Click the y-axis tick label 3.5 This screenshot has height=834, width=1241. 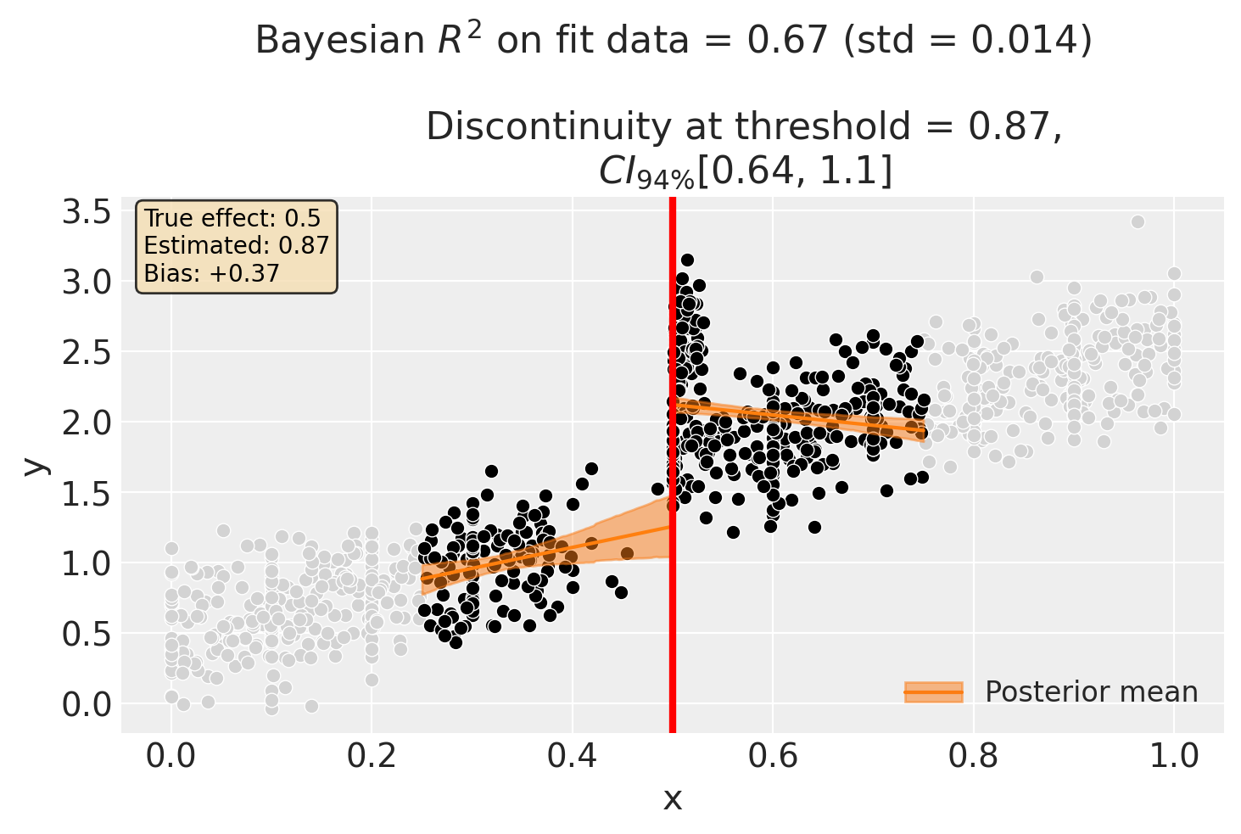[x=87, y=212]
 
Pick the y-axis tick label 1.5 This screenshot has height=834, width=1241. [x=87, y=494]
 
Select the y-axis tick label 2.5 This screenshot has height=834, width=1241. [x=87, y=353]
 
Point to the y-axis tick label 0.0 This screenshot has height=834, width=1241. [x=87, y=705]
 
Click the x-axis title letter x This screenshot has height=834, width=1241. [x=672, y=799]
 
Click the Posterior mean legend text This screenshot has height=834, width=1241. [x=1091, y=692]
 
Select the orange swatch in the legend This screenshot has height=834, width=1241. [x=933, y=692]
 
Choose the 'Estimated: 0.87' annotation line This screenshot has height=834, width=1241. [x=236, y=246]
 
